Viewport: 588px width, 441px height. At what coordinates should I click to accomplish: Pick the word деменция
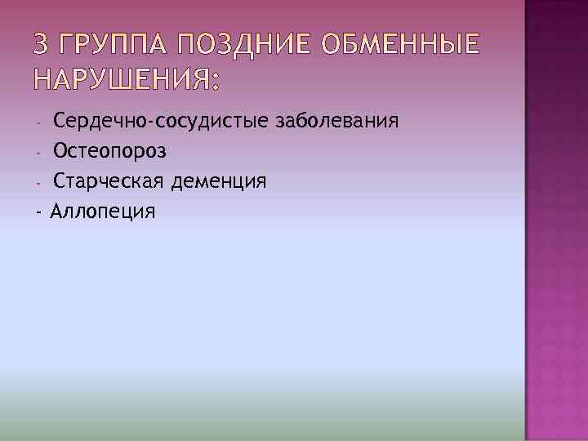pos(219,181)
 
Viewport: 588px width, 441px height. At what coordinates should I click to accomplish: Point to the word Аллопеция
pos(102,212)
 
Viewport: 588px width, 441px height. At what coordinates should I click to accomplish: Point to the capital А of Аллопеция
pos(57,211)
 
